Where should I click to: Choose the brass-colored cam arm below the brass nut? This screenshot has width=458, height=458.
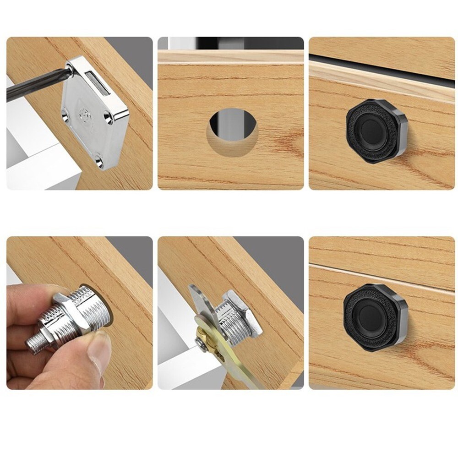[x=238, y=366]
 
